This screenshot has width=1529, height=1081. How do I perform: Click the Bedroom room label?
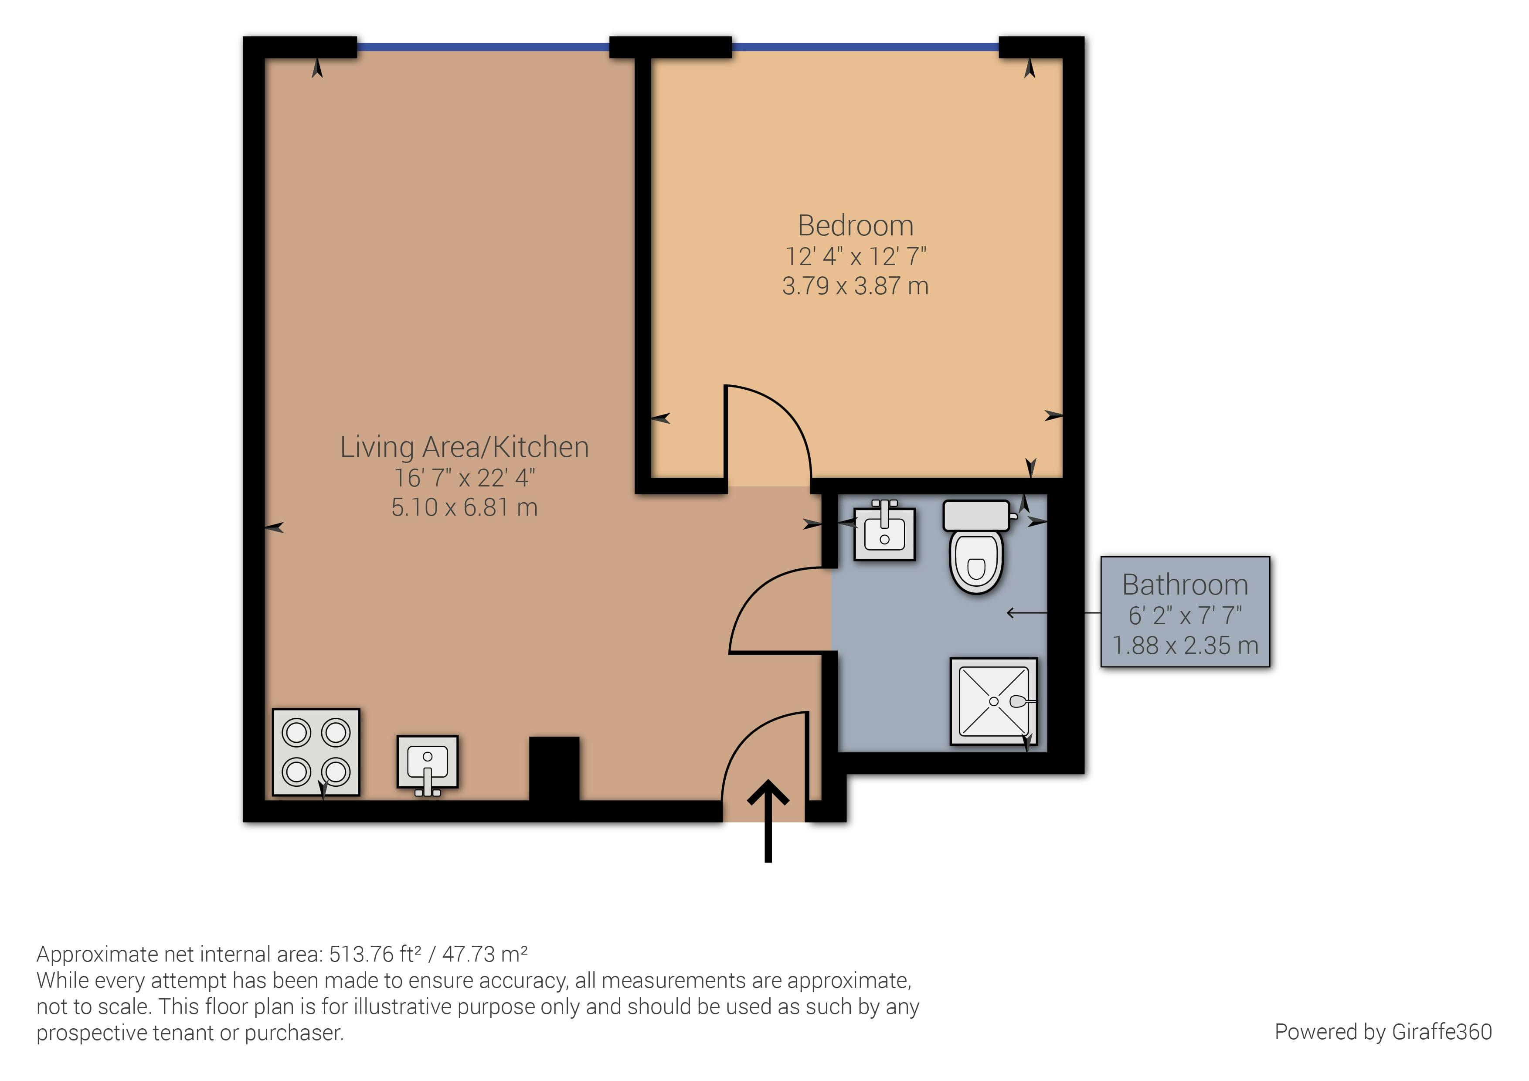pyautogui.click(x=855, y=226)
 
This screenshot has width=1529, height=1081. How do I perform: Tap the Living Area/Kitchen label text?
pyautogui.click(x=464, y=447)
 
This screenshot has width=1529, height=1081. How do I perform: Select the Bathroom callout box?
pyautogui.click(x=1186, y=612)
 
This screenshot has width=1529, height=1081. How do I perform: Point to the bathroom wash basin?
pyautogui.click(x=884, y=531)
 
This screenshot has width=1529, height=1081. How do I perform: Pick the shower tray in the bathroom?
pyautogui.click(x=994, y=701)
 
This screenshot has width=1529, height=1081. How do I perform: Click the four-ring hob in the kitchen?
pyautogui.click(x=316, y=752)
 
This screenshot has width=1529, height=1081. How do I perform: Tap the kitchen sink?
pyautogui.click(x=428, y=765)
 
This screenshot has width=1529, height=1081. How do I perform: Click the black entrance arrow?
pyautogui.click(x=768, y=821)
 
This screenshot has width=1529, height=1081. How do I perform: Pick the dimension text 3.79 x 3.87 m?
pyautogui.click(x=855, y=286)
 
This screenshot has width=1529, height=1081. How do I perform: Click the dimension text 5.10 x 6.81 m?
pyautogui.click(x=464, y=507)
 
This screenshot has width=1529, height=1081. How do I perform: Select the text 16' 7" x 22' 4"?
pyautogui.click(x=464, y=478)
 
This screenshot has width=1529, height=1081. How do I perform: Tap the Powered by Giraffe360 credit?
pyautogui.click(x=1383, y=1032)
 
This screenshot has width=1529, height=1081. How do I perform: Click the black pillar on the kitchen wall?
pyautogui.click(x=554, y=768)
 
